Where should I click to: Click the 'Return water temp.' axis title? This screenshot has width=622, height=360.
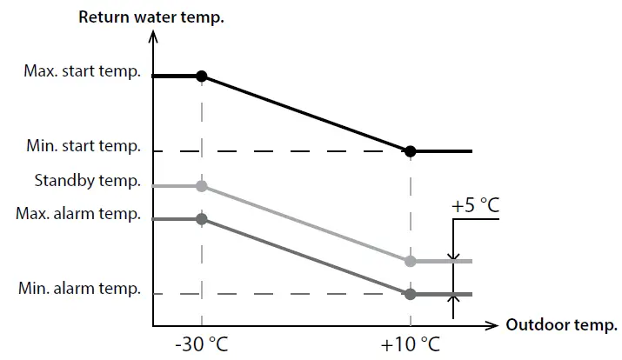point(151,16)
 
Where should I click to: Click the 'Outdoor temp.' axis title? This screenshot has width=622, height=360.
point(562,325)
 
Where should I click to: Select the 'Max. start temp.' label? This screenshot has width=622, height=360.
point(83,71)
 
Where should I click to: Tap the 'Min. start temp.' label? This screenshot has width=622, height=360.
point(84,147)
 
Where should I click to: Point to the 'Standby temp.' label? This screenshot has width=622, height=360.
point(87,181)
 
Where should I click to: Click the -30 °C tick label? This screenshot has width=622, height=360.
point(201,344)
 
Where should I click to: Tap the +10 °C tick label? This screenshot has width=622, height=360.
point(411,344)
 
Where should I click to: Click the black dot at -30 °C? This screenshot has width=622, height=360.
point(202,77)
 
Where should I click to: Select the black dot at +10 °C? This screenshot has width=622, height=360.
point(411,151)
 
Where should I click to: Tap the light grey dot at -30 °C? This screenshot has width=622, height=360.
point(202,186)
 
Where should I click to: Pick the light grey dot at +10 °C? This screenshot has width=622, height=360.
point(411,261)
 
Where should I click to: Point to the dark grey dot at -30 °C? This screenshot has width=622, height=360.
point(202,219)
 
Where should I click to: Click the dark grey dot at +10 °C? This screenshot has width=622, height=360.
point(411,294)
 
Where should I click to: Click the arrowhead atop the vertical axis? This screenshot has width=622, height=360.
point(153,36)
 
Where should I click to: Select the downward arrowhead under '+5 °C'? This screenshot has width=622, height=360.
point(452,255)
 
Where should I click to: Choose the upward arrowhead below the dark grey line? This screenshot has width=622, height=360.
point(452,301)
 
